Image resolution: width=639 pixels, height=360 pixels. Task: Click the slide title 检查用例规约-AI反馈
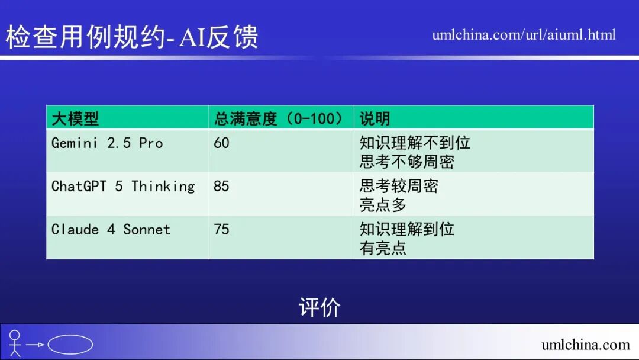(x=132, y=37)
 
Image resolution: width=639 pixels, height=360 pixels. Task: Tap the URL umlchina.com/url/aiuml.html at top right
(x=524, y=35)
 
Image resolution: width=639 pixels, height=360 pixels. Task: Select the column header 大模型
(x=75, y=118)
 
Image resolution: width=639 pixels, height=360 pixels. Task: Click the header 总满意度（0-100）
(x=278, y=118)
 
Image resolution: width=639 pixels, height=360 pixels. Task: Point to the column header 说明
(x=375, y=118)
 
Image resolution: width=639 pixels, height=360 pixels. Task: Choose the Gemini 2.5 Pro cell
(x=107, y=143)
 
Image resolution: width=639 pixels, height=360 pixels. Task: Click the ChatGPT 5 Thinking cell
(x=123, y=187)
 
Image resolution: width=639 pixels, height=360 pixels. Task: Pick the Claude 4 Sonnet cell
(x=111, y=230)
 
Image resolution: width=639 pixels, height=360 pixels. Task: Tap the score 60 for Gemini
(x=221, y=143)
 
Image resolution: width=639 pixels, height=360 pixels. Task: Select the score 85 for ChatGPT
(x=221, y=187)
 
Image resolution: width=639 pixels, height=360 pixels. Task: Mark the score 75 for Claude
(x=221, y=230)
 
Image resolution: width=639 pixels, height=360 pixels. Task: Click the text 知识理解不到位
(x=415, y=143)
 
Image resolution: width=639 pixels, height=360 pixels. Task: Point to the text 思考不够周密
(x=407, y=162)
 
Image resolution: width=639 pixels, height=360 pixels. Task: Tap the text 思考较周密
(x=399, y=187)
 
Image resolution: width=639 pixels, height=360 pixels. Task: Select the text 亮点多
(x=383, y=205)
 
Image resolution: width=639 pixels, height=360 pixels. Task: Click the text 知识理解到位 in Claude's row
(x=407, y=230)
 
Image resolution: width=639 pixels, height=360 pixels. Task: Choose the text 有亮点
(x=383, y=248)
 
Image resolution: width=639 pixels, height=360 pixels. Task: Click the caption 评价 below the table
(x=319, y=307)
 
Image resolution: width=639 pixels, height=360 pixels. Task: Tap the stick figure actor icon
(x=15, y=343)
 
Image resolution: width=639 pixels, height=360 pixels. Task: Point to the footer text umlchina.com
(x=586, y=345)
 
